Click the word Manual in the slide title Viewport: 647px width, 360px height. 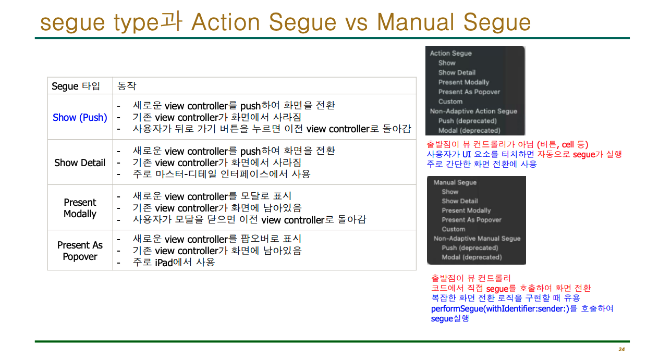coord(416,22)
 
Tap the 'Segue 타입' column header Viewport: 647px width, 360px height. coord(76,86)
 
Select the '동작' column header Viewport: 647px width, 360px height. coord(127,86)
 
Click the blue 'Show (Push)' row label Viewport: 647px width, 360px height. coord(80,118)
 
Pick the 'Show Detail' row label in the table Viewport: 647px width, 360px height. coord(80,163)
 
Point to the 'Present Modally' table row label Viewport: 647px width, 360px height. coord(80,208)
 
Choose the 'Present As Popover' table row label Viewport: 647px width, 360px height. coord(80,251)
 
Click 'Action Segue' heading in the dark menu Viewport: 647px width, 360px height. coord(450,53)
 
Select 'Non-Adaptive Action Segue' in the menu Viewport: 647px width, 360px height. coord(473,111)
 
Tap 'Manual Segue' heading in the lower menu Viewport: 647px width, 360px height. coord(455,182)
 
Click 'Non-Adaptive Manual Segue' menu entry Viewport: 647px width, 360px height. coord(477,239)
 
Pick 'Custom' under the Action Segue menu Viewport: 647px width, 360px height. coord(450,102)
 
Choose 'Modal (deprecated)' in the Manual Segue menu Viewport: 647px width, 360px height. coord(472,257)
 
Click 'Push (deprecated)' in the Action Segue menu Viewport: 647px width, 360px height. coord(467,121)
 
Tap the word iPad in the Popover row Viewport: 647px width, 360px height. coord(164,263)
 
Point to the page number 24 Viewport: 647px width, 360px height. coord(621,349)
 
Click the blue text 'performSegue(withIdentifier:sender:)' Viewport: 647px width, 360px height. coord(500,309)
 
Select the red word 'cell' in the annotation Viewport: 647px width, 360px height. coord(568,145)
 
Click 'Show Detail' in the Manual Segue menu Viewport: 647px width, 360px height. coord(459,201)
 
